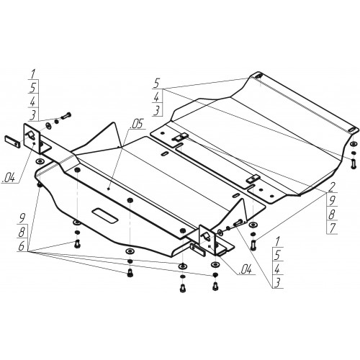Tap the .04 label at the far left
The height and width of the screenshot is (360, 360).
[x=9, y=178]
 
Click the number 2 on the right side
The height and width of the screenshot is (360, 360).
[x=331, y=186]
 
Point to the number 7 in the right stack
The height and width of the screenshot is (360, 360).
[x=332, y=228]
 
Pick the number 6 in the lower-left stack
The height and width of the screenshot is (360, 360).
[x=22, y=246]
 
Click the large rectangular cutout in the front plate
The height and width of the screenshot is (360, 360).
[x=105, y=215]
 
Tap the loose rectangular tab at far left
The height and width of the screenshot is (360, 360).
[x=12, y=141]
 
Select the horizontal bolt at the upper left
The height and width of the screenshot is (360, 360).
[x=66, y=117]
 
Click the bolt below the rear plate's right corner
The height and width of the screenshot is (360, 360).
[x=354, y=163]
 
